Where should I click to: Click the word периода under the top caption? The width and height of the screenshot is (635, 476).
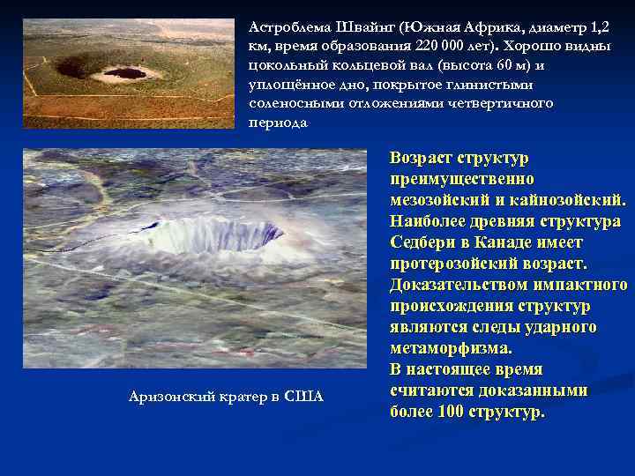pos(279,123)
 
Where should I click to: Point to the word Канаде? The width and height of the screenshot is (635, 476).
pos(510,242)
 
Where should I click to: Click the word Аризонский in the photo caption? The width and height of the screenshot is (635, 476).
pos(168,397)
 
